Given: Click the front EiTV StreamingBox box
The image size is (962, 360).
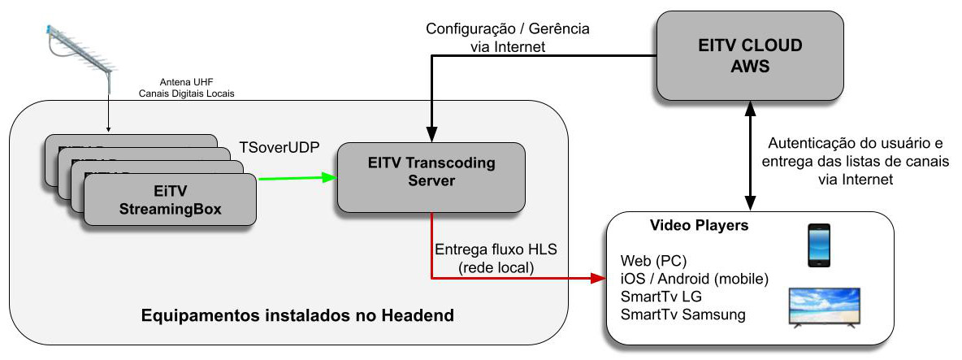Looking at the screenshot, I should (x=170, y=202).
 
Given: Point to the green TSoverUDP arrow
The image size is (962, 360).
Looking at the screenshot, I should (x=296, y=176).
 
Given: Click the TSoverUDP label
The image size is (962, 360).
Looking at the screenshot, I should (x=279, y=148).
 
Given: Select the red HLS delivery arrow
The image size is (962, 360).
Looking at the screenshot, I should (x=520, y=279).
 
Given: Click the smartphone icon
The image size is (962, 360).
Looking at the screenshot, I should (x=817, y=245).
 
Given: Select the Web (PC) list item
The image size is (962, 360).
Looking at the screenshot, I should (x=652, y=262).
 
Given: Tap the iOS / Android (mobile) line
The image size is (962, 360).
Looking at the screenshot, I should (x=693, y=279).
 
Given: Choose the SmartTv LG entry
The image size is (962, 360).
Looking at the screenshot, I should (x=659, y=297).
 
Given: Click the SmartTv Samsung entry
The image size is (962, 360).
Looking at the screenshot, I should (x=682, y=314).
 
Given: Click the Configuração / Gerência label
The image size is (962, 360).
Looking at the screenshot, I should (x=508, y=28).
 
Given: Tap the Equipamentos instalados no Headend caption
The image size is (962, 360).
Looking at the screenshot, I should (x=297, y=314).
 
